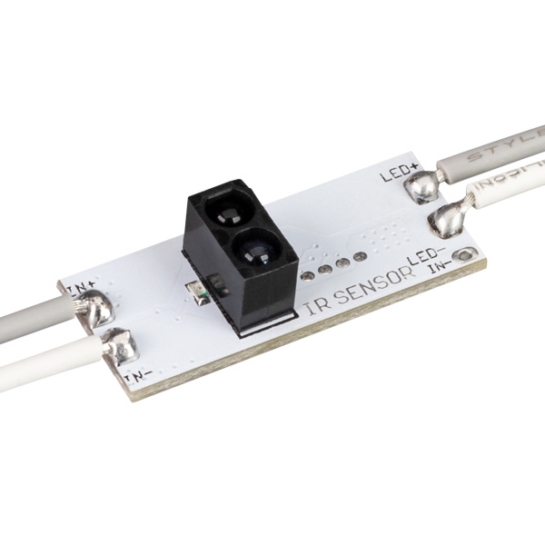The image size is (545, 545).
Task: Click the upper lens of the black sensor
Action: click(224, 213)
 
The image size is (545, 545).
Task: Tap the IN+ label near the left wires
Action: click(81, 289)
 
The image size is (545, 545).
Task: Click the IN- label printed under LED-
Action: click(440, 266)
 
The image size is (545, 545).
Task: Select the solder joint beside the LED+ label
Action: click(421, 187)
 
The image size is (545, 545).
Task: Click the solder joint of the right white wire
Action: click(444, 219)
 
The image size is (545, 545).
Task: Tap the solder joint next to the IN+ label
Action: click(96, 310)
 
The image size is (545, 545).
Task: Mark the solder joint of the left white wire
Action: click(119, 346)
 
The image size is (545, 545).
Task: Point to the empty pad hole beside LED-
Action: click(466, 254)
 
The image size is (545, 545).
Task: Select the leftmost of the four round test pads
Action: click(308, 274)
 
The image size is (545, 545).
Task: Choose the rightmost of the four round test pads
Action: click(360, 257)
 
